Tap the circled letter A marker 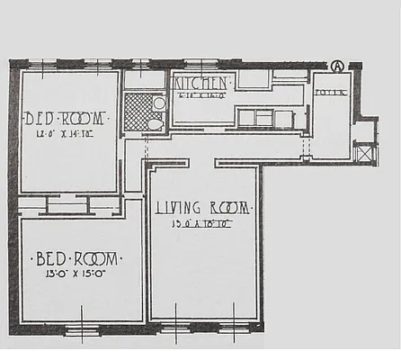point(338,66)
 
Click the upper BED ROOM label point(66,118)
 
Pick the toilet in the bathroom point(154,124)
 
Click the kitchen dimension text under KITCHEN point(200,93)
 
